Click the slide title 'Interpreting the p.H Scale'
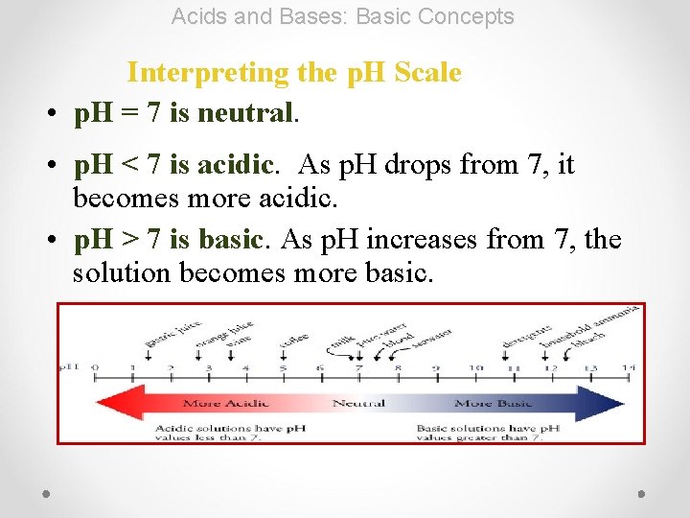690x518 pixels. (x=294, y=73)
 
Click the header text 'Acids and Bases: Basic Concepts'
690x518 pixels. (x=343, y=16)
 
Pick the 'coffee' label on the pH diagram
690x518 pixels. (x=293, y=341)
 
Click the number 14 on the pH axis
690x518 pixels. (x=627, y=367)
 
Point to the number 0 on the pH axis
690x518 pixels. (x=94, y=367)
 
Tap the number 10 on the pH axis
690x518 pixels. (x=475, y=367)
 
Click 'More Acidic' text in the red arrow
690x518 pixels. (x=225, y=403)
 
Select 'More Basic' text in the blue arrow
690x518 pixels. (x=486, y=403)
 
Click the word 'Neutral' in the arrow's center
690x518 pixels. (x=358, y=403)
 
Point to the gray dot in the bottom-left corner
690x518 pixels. (x=46, y=493)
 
